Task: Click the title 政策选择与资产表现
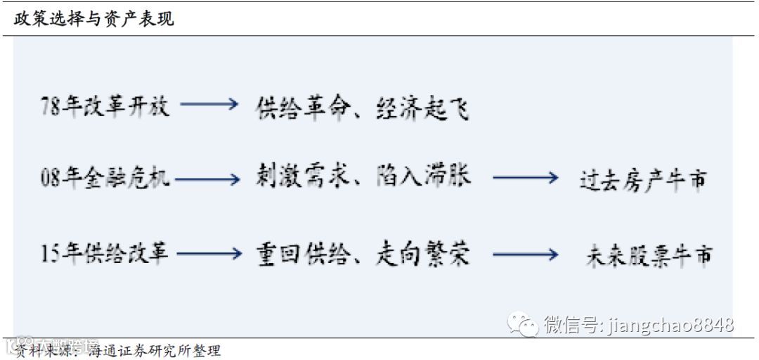93,19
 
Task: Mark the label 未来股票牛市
648,255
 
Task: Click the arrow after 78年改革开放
209,105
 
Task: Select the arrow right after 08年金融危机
208,180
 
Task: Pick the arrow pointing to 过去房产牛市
525,179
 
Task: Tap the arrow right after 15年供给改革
209,254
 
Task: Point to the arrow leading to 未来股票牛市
525,255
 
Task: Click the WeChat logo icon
524,324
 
